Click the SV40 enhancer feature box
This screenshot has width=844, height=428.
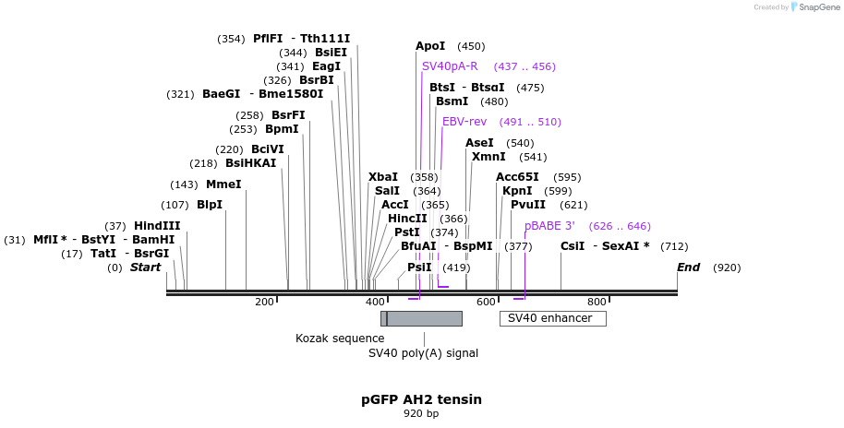pos(552,318)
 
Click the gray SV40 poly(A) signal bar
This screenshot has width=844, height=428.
pos(425,318)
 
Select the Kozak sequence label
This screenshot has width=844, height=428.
pos(340,339)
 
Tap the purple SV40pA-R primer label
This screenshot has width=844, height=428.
pos(450,66)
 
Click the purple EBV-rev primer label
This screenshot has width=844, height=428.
pos(464,122)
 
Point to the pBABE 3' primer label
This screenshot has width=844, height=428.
pos(549,226)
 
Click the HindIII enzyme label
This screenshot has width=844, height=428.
pos(156,226)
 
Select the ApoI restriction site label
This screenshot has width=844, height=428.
pos(430,46)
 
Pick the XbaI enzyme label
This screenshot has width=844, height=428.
pos(383,177)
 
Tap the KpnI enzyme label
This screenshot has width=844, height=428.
pos(517,191)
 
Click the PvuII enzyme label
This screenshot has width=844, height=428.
pos(528,205)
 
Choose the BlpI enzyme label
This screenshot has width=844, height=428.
pos(210,205)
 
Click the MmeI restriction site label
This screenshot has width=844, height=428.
pos(223,184)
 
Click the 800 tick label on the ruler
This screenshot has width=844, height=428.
pos(597,302)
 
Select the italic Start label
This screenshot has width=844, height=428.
pos(145,267)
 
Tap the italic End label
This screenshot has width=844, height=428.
pos(688,267)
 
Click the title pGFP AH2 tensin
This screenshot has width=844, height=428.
pos(421,399)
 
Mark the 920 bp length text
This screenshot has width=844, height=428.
pos(421,414)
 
